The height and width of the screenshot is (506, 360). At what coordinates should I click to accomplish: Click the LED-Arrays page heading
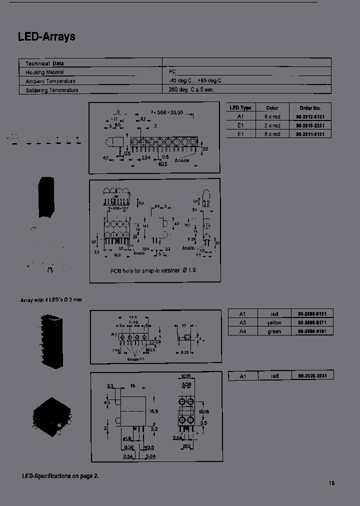click(46, 37)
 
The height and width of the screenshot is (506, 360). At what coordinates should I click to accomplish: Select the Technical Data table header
click(44, 63)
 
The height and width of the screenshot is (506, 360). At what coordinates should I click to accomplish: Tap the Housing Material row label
click(45, 72)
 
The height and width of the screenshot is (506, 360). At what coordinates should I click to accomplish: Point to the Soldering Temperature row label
click(52, 90)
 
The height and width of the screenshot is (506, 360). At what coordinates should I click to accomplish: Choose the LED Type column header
click(240, 107)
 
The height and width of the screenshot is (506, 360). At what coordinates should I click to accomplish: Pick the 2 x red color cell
click(272, 125)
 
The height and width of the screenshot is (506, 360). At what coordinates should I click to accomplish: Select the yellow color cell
click(274, 322)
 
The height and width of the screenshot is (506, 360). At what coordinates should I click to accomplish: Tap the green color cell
click(274, 331)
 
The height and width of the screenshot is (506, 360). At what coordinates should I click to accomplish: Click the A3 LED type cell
click(242, 322)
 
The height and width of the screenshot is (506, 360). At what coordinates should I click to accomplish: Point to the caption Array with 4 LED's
click(50, 299)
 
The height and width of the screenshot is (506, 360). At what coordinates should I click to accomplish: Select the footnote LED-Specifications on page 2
click(60, 475)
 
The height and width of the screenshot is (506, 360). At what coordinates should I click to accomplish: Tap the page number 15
click(331, 483)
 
